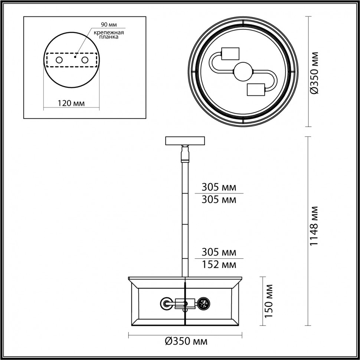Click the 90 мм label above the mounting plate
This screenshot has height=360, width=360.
pos(109,25)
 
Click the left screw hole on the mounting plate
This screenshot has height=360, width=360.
pos(59,60)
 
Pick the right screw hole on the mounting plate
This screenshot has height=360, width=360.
pos(85,60)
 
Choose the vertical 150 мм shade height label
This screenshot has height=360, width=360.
pos(269,301)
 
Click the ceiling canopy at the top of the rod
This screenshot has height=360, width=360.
pos(185,141)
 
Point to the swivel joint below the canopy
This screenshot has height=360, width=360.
pos(184,154)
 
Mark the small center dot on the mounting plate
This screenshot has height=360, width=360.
pos(75,58)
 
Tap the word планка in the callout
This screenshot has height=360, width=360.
pos(108,37)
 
